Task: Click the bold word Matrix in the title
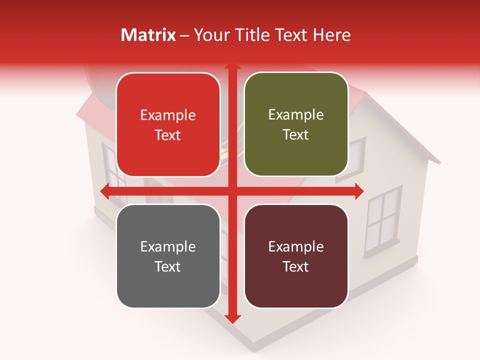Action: [x=148, y=35]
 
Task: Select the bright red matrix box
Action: [x=168, y=125]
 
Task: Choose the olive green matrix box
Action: [x=296, y=124]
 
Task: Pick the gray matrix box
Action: [x=168, y=256]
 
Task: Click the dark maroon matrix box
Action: [x=296, y=256]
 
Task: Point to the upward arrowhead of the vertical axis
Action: [x=232, y=67]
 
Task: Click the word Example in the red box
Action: [x=168, y=115]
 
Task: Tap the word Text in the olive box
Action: [x=296, y=135]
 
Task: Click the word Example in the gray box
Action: [x=168, y=246]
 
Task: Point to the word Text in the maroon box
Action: [x=296, y=266]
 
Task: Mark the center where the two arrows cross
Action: [x=232, y=191]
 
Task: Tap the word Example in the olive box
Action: [x=296, y=115]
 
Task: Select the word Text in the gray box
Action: [x=168, y=266]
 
